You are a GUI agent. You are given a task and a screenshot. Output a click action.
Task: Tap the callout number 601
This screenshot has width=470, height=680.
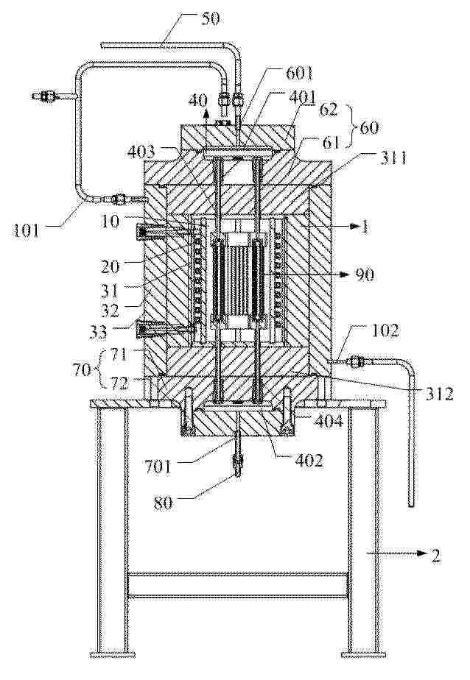coord(299,74)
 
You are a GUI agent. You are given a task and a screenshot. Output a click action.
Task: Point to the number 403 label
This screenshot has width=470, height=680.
coord(141,152)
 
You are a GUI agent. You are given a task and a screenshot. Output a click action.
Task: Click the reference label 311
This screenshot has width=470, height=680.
coord(393,158)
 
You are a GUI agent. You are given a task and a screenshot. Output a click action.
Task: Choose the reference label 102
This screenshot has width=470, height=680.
coord(386,331)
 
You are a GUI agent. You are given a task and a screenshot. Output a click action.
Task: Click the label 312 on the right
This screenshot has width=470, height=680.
coord(439,393)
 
